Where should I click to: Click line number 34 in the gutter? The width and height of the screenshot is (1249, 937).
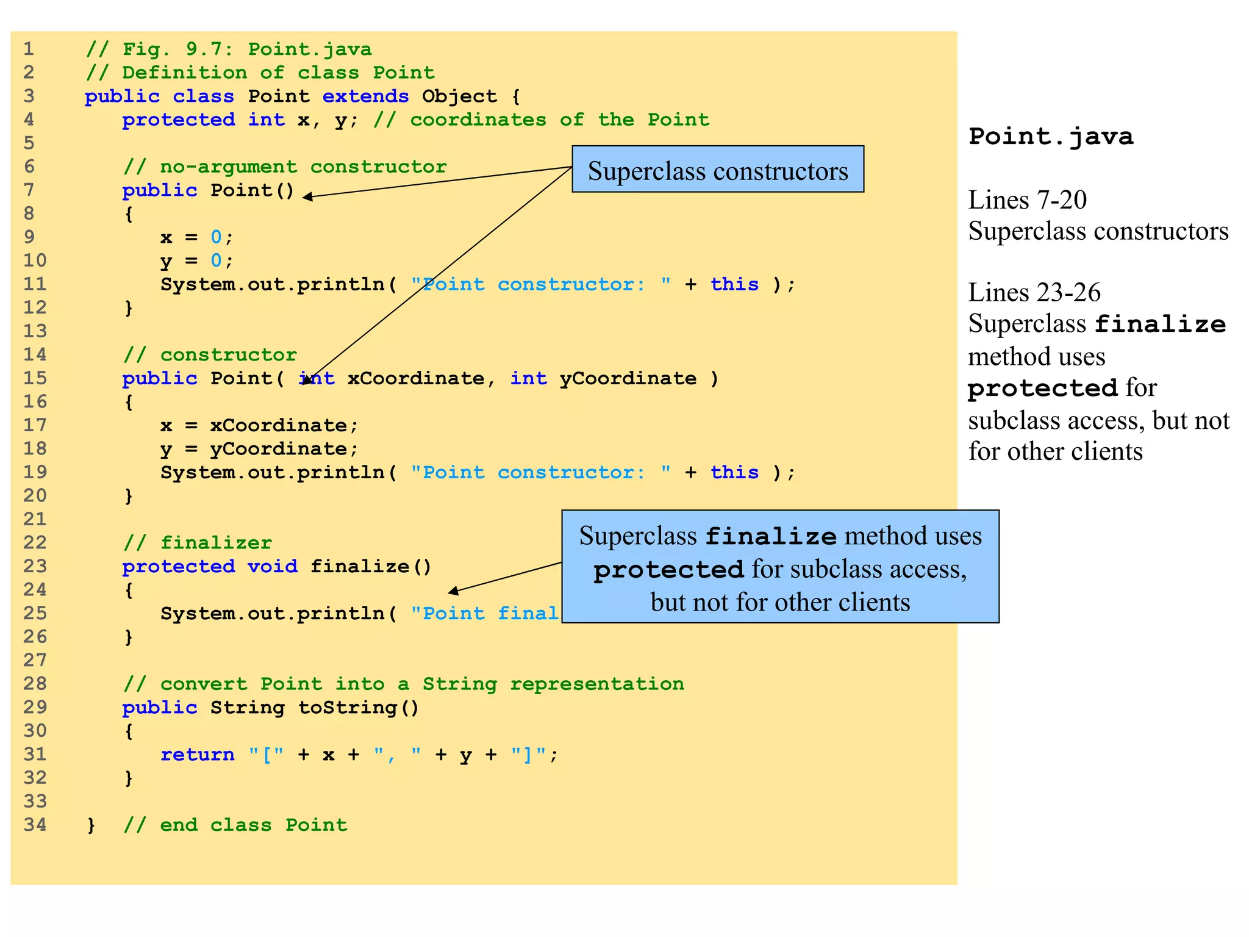point(35,825)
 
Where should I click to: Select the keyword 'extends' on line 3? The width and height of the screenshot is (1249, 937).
point(365,96)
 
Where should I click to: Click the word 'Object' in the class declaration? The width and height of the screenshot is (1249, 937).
point(459,96)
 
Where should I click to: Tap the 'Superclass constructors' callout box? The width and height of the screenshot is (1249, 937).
point(717,170)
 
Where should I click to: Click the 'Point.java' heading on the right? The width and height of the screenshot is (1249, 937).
point(1050,136)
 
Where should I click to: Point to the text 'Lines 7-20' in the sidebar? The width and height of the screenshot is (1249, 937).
point(1027,200)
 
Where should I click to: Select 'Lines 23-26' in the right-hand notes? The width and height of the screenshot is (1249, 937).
point(1034,293)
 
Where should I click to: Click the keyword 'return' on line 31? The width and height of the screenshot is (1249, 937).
point(197,755)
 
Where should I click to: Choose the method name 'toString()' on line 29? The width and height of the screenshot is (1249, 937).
point(358,708)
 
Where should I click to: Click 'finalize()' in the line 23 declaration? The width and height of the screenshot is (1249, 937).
point(371,567)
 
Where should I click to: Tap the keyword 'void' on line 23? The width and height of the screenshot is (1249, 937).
point(272,567)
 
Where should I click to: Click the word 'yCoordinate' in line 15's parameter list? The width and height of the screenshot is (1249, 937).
point(628,378)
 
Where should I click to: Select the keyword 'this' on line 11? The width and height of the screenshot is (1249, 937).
point(734,284)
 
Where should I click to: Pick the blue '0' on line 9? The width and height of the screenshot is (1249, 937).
point(216,237)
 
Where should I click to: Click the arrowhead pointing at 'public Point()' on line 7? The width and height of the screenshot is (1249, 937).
point(307,196)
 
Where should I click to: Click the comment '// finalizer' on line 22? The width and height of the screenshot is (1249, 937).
point(197,543)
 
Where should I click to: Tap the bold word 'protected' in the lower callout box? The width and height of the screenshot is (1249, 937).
point(668,570)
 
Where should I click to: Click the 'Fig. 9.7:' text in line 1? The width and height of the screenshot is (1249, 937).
point(178,49)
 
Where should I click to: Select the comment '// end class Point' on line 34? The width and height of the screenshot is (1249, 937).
point(235,825)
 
